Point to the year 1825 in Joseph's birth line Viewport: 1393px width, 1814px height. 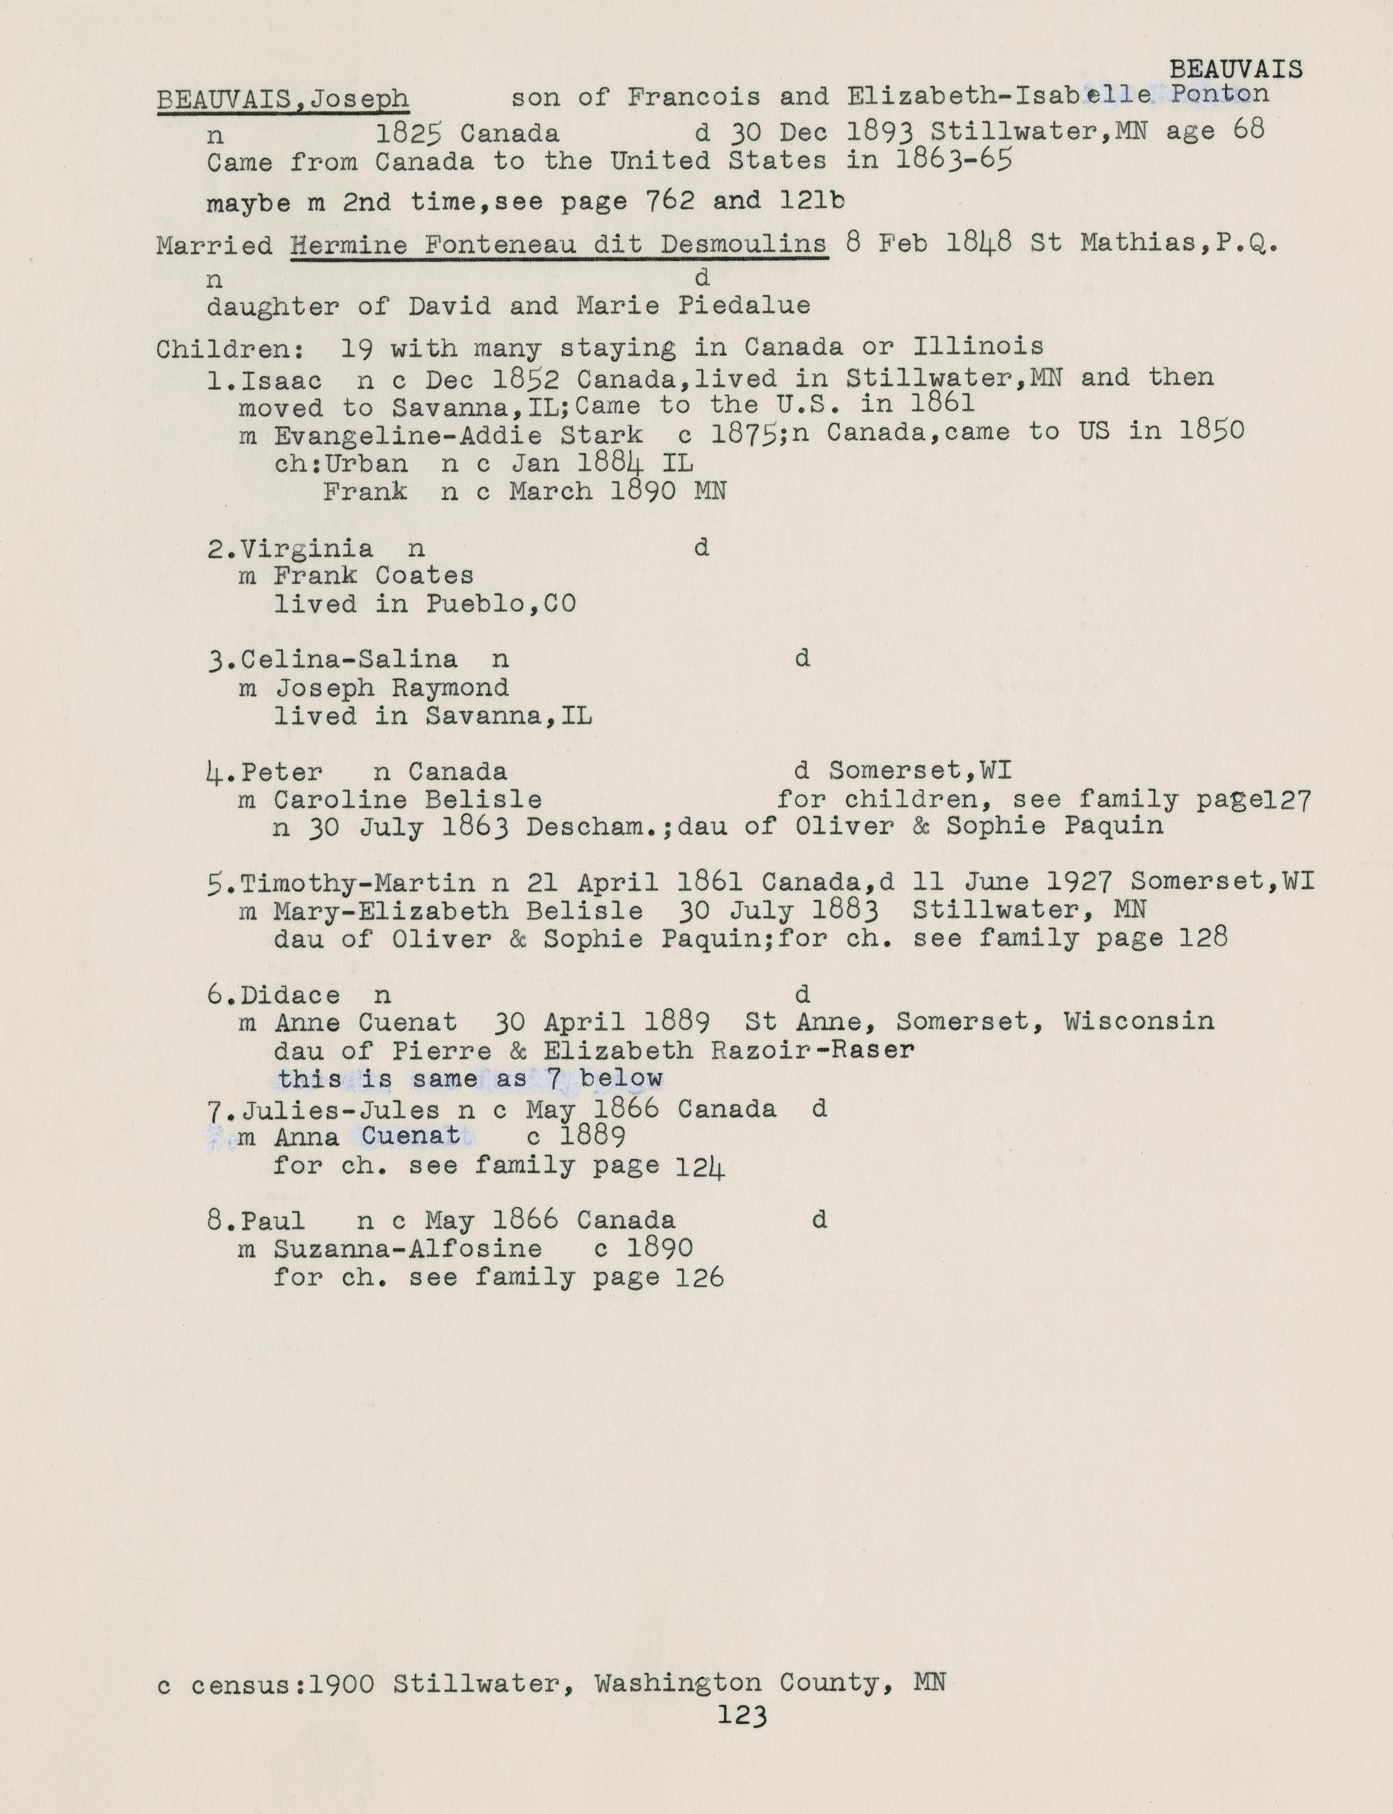(408, 133)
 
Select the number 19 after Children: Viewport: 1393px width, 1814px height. (356, 348)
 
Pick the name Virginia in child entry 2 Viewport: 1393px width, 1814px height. (307, 548)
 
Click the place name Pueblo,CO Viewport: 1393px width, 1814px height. (500, 604)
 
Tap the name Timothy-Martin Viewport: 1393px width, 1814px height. (358, 883)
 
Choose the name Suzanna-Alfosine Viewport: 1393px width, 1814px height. (408, 1249)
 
